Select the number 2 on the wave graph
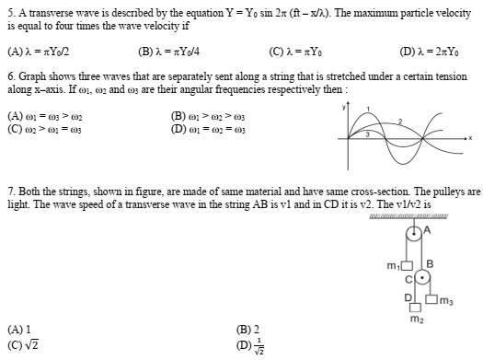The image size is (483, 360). (399, 120)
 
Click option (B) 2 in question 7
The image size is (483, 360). (248, 326)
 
